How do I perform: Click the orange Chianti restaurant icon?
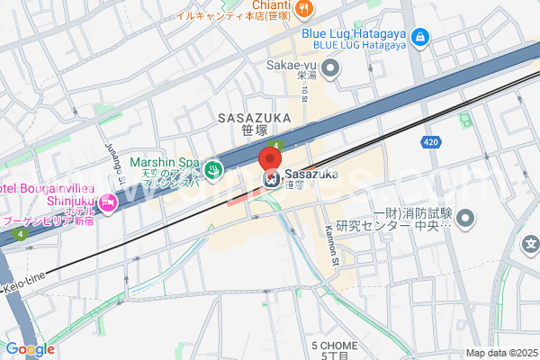pos(304,8)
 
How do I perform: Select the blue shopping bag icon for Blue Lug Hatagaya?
pos(418,37)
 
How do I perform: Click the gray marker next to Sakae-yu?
pos(331,66)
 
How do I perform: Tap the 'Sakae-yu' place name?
pos(292,65)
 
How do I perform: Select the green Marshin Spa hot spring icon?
pos(213,167)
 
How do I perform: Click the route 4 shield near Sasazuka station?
pos(280,145)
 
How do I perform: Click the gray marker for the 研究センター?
pos(465,218)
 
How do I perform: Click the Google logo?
pos(29,349)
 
